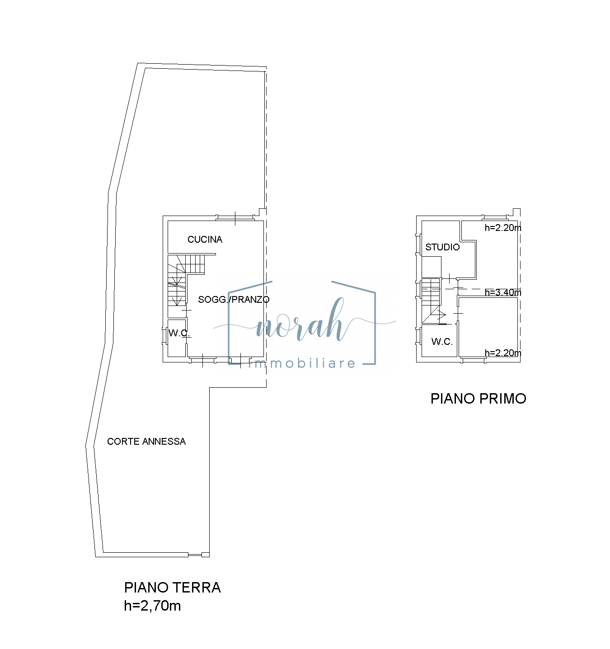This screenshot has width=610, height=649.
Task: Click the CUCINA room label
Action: click(205, 240)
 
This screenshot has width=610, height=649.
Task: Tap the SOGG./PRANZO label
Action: click(234, 299)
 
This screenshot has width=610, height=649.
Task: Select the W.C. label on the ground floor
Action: click(179, 333)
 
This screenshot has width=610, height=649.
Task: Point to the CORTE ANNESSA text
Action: click(146, 442)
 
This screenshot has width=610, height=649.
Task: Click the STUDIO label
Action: click(442, 247)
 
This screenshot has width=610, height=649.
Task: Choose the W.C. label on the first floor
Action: click(442, 342)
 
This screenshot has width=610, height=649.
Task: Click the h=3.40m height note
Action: click(503, 292)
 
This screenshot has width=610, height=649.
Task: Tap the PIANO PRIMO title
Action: click(478, 399)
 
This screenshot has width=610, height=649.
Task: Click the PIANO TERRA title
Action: click(173, 588)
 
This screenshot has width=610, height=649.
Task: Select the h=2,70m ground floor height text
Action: click(152, 606)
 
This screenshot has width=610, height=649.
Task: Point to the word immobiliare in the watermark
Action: click(301, 363)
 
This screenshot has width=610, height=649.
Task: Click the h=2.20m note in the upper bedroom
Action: click(503, 228)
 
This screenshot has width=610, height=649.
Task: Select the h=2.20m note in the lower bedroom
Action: click(503, 353)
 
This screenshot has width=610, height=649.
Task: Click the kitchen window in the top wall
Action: click(235, 218)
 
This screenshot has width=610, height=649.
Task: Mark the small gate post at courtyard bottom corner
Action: click(206, 555)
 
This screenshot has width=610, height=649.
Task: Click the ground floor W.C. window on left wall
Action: click(164, 336)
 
